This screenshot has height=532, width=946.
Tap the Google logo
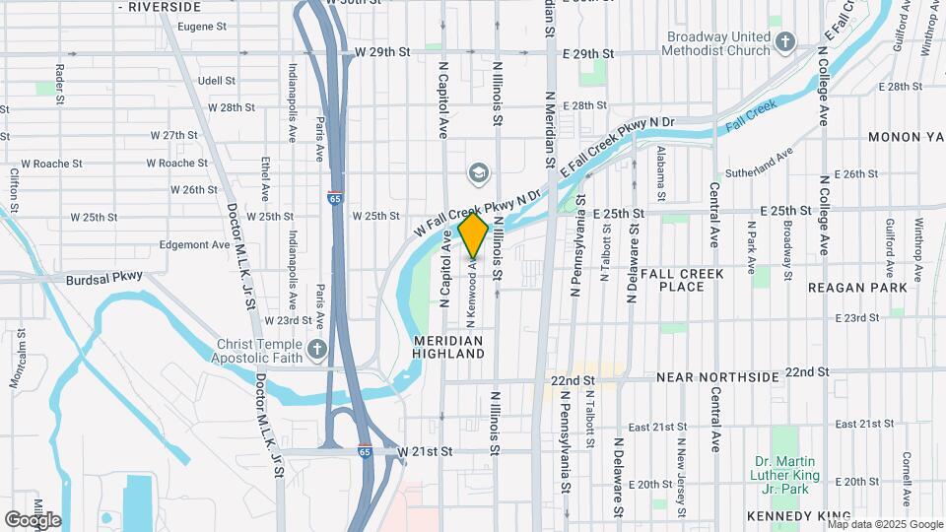pyautogui.click(x=33, y=520)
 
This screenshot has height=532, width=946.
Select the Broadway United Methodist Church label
pyautogui.click(x=715, y=43)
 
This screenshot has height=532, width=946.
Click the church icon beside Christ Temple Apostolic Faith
pyautogui.click(x=317, y=349)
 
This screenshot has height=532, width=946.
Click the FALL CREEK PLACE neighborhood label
pyautogui.click(x=682, y=280)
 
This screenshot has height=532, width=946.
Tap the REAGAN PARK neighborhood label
pyautogui.click(x=856, y=288)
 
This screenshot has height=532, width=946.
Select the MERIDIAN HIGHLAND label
pyautogui.click(x=447, y=346)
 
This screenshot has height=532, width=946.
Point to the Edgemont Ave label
pyautogui.click(x=194, y=244)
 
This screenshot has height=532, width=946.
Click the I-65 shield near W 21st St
pyautogui.click(x=365, y=451)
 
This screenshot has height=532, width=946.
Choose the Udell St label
pyautogui.click(x=216, y=81)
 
